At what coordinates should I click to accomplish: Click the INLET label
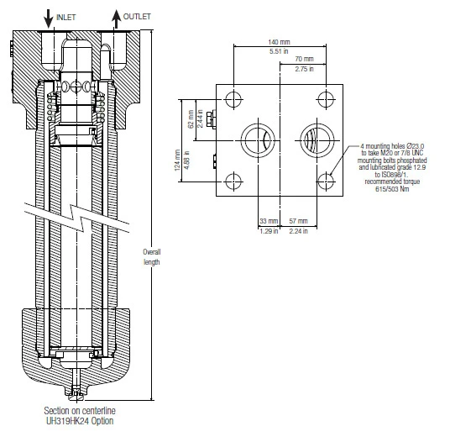coord(66,18)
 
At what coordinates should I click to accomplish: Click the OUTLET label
coord(137,17)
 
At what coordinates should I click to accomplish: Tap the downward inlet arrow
coord(49,18)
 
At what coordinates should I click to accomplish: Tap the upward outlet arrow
coord(116,19)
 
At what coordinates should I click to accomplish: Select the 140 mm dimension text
coord(279,42)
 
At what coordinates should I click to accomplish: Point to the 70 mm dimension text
coord(304,59)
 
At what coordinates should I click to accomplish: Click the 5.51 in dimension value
coord(279,51)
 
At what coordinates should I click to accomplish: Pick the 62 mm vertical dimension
coord(191,118)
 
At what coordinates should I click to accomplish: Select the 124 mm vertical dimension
coord(177,160)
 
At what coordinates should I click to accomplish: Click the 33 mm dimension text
coord(269,221)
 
